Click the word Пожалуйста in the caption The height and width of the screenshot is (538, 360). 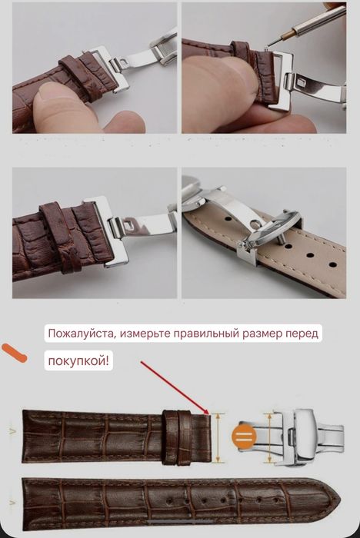click(x=82, y=334)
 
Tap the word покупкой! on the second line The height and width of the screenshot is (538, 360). click(x=78, y=360)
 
